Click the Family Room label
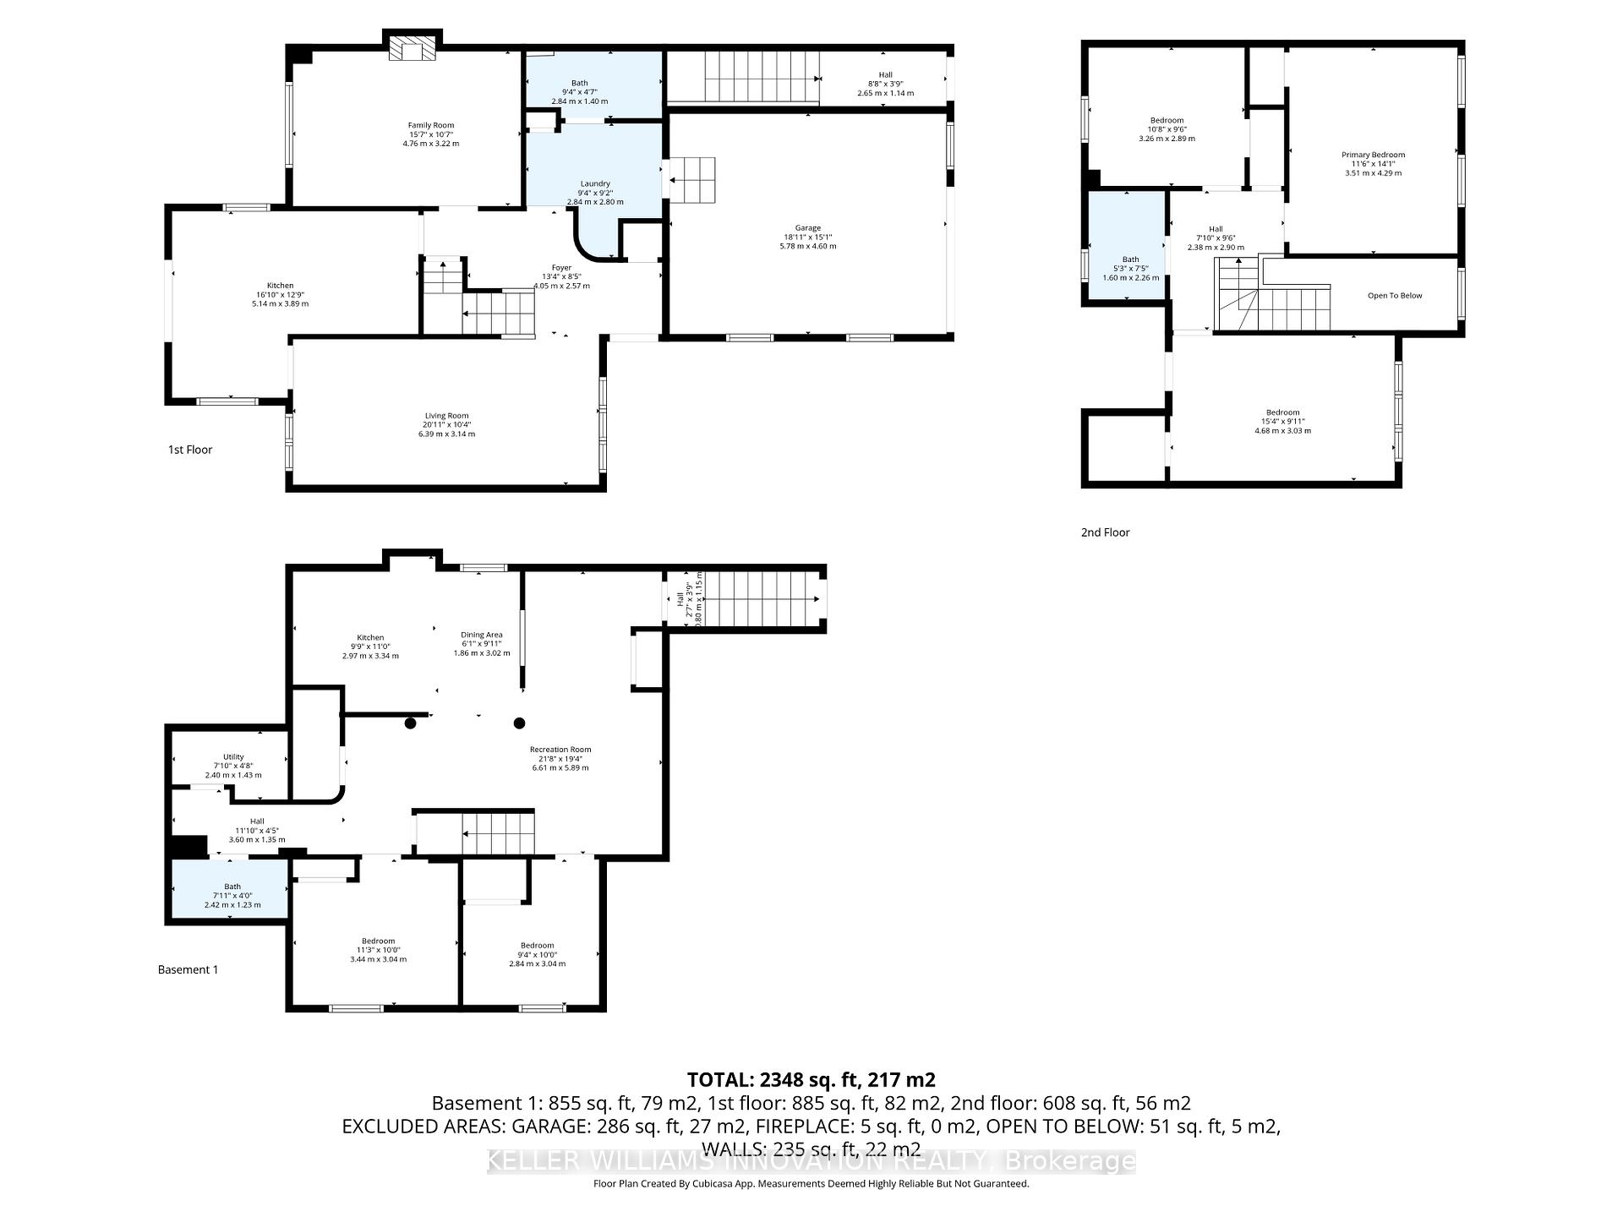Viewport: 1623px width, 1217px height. (430, 125)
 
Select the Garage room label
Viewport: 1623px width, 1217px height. (807, 228)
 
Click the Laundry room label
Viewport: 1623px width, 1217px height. (595, 183)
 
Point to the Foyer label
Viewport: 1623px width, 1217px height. (561, 268)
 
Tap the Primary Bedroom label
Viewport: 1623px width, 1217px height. (1373, 155)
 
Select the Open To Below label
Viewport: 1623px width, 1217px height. (1395, 296)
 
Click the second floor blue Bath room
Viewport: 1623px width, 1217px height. (1127, 245)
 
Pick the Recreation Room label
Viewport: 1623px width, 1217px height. (560, 750)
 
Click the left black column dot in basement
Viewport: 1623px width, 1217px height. (410, 723)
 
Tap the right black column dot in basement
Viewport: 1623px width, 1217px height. (520, 723)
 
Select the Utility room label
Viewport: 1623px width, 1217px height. (233, 757)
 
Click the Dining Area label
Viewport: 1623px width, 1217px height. (482, 635)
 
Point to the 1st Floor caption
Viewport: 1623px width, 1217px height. (190, 450)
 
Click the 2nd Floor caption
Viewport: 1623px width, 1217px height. (1105, 532)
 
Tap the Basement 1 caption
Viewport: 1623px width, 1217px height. (188, 969)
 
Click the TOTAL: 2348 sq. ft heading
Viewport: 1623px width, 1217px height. (811, 1079)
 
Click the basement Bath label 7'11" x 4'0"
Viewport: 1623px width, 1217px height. (232, 896)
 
